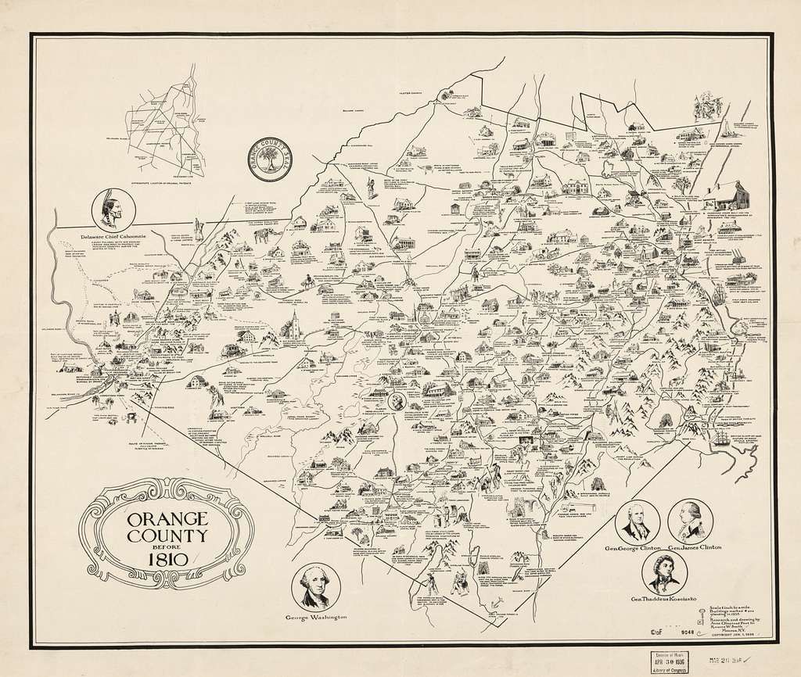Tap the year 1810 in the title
click(164, 560)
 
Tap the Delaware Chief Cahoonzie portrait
click(113, 209)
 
